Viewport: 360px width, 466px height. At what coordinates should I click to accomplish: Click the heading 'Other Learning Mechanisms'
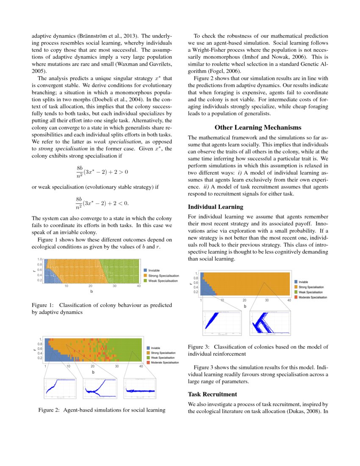coord(258,127)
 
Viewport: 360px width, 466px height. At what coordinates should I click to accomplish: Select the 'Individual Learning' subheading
coord(216,207)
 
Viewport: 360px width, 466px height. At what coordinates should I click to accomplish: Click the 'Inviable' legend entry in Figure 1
coord(154,270)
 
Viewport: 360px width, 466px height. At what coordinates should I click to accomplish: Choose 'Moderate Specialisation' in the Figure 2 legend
coord(168,363)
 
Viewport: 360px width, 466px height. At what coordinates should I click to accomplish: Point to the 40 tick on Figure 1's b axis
coord(139,286)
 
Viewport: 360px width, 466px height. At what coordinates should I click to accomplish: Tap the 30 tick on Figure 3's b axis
coord(267,300)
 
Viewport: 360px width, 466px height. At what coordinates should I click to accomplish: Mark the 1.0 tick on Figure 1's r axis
coord(40,259)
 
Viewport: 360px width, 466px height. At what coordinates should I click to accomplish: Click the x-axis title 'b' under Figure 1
coord(91,292)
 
